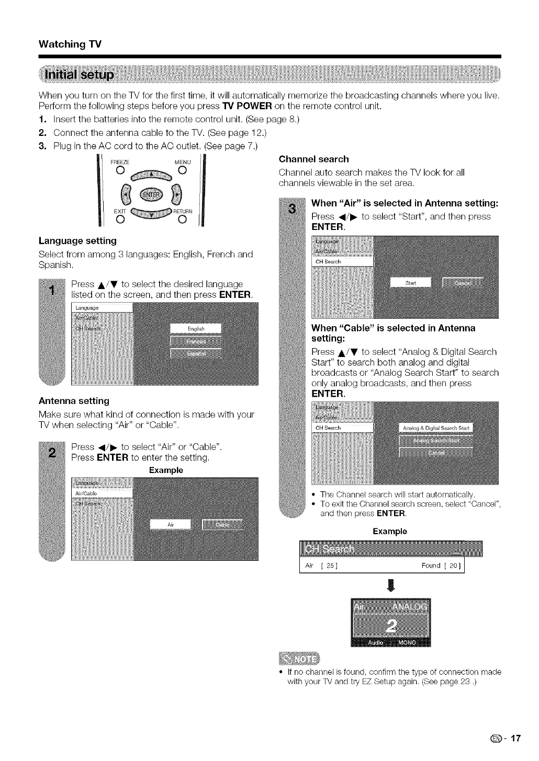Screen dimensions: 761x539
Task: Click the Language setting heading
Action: (x=77, y=241)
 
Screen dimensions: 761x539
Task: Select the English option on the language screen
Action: (x=196, y=329)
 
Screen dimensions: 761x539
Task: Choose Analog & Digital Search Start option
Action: (x=435, y=428)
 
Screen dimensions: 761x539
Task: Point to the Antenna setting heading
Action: (x=74, y=401)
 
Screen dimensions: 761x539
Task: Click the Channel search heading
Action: (x=314, y=159)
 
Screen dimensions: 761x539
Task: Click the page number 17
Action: (x=515, y=739)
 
